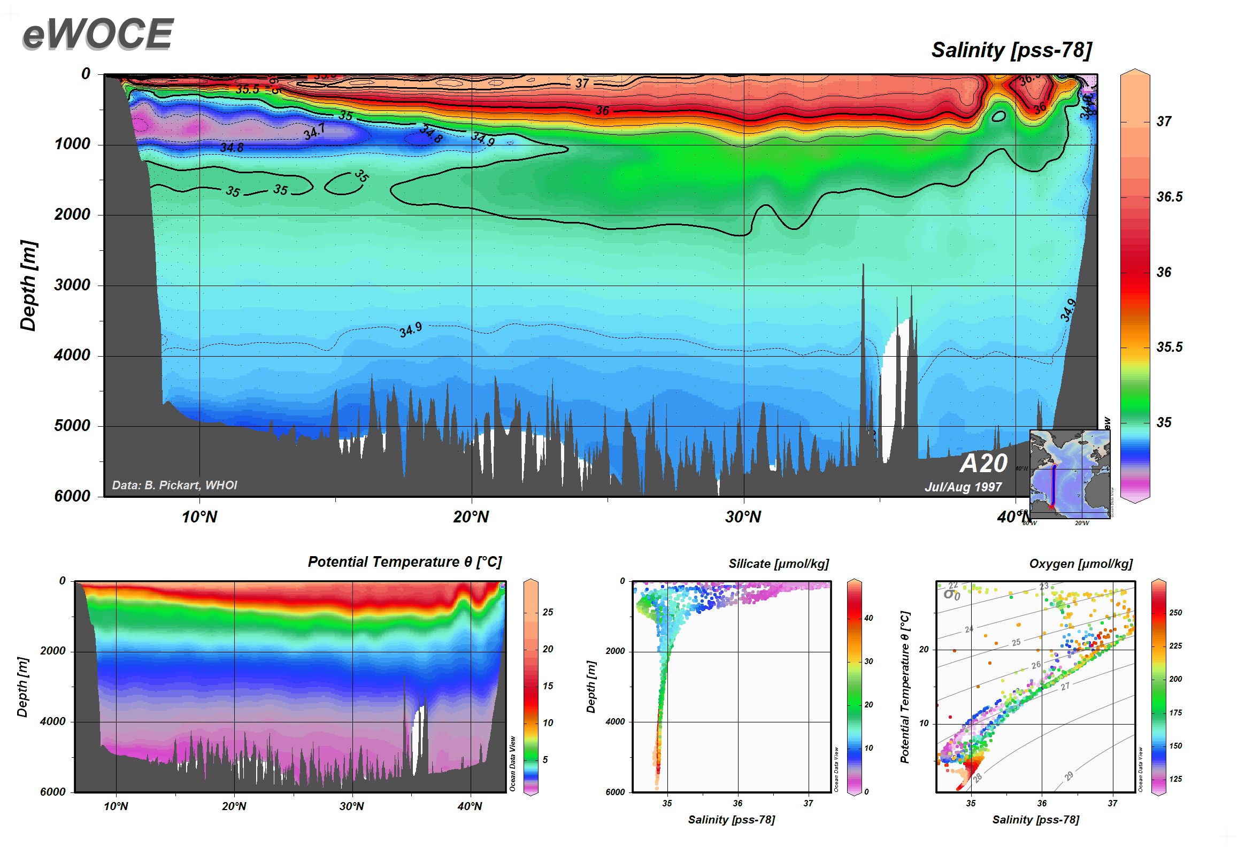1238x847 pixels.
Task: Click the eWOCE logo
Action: [x=98, y=34]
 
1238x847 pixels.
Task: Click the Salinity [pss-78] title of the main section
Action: [x=1011, y=50]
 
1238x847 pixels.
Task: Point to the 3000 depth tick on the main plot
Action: [x=72, y=284]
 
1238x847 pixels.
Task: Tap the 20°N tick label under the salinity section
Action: [x=471, y=517]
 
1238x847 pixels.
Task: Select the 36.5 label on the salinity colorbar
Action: [x=1170, y=197]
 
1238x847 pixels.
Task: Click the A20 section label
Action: [x=983, y=463]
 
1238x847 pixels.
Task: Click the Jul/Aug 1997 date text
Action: [x=963, y=487]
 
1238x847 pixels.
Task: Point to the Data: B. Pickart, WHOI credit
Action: [x=174, y=485]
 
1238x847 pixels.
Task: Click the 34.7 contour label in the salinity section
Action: [x=314, y=131]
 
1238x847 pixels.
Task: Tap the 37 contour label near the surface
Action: [x=582, y=83]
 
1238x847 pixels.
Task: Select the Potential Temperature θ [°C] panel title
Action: [x=405, y=562]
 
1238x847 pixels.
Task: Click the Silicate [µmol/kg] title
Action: [x=779, y=564]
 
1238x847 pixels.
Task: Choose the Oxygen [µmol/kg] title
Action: [x=1081, y=564]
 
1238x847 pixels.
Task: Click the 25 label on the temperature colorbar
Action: [x=548, y=612]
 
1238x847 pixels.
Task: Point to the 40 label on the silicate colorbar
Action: [x=868, y=618]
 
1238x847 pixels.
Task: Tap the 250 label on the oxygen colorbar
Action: [x=1175, y=613]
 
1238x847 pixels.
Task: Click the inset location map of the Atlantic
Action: [x=1070, y=474]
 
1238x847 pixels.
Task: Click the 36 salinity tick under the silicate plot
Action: [x=737, y=803]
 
